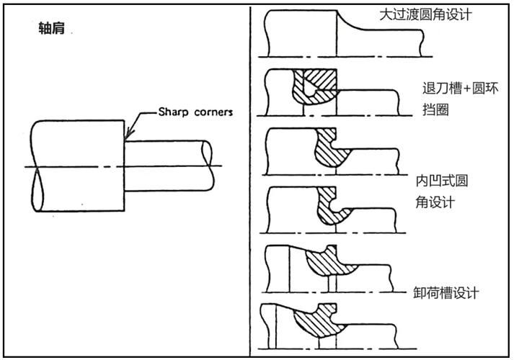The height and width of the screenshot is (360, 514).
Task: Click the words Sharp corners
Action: click(195, 114)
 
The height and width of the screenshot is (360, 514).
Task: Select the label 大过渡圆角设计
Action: click(425, 14)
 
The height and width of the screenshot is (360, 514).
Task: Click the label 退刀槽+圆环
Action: click(460, 89)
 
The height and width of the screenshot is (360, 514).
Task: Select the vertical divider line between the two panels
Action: click(250, 180)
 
